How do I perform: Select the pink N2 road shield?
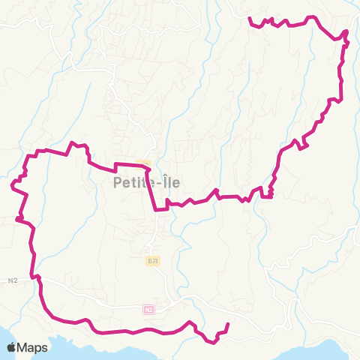tap(148, 309)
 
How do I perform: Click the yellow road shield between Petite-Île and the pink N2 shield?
tap(152, 260)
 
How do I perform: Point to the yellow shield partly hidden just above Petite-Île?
tap(145, 163)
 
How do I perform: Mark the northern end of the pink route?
tap(250, 19)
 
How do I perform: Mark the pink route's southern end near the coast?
tap(227, 325)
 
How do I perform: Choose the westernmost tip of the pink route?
tap(11, 184)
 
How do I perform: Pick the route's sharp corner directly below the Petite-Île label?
tap(155, 209)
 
